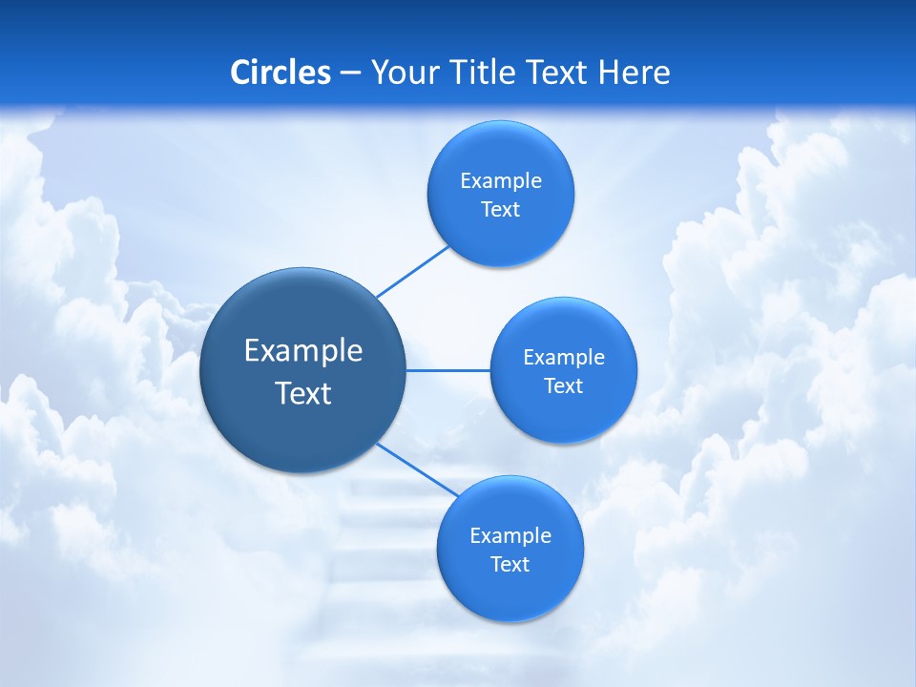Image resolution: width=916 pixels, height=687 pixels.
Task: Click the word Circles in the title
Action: tap(281, 73)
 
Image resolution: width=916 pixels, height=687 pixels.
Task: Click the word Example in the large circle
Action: tap(303, 351)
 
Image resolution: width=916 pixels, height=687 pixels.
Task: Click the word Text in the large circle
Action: tap(303, 393)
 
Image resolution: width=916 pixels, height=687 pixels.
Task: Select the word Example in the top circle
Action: tap(500, 181)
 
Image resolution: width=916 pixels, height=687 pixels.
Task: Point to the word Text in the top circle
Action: tap(500, 210)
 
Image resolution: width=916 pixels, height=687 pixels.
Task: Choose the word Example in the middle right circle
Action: tap(563, 358)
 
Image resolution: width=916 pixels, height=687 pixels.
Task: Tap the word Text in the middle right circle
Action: tap(563, 386)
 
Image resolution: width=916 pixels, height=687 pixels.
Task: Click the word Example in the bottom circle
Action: tap(510, 536)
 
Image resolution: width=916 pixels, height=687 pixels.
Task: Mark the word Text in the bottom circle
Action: tap(510, 565)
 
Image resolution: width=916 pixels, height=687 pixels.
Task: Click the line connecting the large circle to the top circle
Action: tap(412, 271)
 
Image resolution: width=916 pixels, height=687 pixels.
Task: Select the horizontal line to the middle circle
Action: tap(448, 370)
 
